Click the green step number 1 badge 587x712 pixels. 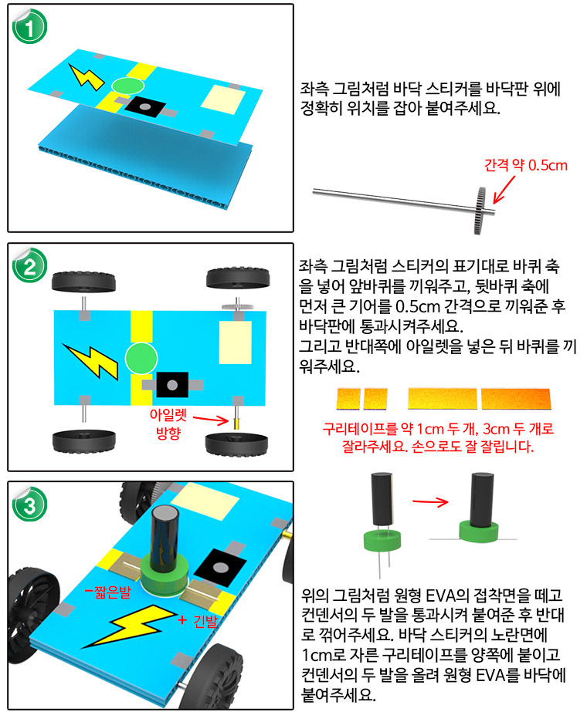click(29, 27)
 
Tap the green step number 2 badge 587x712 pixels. click(29, 265)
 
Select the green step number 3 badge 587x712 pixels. click(29, 504)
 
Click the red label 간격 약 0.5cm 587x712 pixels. click(526, 165)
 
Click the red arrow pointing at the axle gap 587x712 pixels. click(504, 189)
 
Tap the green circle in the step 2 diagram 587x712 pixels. click(141, 358)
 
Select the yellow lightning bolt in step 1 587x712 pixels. click(87, 76)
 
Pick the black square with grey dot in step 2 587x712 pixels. click(172, 385)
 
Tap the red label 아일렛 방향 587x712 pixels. click(168, 423)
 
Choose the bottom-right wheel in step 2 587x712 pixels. click(236, 444)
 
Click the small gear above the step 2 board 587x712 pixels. click(236, 306)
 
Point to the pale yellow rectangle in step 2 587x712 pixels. click(235, 343)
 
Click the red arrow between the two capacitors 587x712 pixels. click(430, 501)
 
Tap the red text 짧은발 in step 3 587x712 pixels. click(108, 591)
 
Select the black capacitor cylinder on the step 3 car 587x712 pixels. click(164, 539)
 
